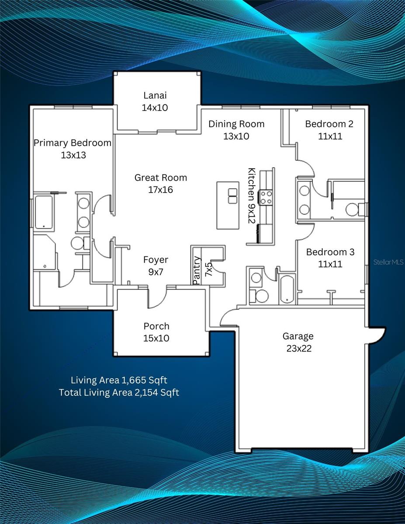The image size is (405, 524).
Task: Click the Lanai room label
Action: [x=155, y=95]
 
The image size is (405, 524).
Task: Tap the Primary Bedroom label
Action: [x=73, y=143]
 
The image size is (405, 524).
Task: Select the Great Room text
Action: [x=161, y=178]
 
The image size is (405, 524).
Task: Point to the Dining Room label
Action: [x=236, y=124]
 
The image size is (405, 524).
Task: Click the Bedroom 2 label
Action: [x=329, y=124]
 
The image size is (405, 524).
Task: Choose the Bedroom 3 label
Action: [x=330, y=252]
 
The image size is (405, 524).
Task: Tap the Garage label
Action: [x=298, y=336]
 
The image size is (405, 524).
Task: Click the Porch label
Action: [x=156, y=326]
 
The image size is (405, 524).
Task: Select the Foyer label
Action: [x=156, y=260]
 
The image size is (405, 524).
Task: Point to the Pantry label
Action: [x=197, y=271]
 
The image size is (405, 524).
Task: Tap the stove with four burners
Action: [x=266, y=197]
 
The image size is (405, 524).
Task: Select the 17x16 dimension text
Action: [x=161, y=190]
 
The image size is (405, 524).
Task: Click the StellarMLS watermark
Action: [x=389, y=262]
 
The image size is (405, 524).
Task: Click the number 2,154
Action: [x=145, y=393]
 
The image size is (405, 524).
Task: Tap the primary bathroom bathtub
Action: [x=44, y=212]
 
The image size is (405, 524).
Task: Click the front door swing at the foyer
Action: [x=158, y=297]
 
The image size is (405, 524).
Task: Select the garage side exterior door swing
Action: [x=376, y=336]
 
